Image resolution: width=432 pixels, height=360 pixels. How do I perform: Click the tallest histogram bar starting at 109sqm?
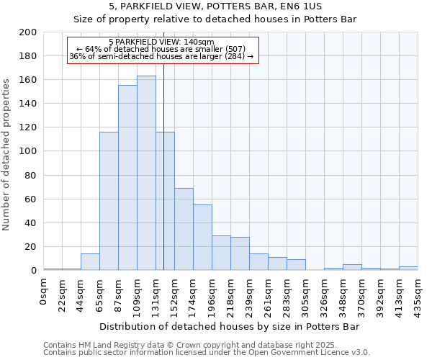(146, 173)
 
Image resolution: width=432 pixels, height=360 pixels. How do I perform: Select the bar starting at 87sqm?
(127, 177)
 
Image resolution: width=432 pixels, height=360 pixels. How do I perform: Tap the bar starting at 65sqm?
(109, 201)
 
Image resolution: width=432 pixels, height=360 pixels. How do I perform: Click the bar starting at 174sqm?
(202, 238)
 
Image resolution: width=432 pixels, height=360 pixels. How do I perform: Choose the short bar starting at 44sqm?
(90, 262)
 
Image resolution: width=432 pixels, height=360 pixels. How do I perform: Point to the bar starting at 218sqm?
(240, 253)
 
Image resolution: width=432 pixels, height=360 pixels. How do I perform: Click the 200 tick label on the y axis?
(29, 32)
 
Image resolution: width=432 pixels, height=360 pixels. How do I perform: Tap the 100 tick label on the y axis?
(29, 151)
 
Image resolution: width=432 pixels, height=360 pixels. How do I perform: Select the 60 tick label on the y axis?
(32, 199)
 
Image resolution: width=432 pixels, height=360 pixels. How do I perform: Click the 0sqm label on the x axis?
(44, 290)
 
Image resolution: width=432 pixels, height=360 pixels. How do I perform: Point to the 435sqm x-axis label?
(418, 295)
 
